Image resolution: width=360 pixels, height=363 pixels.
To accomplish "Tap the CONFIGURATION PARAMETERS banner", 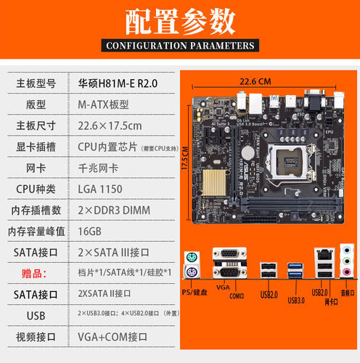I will (x=180, y=46).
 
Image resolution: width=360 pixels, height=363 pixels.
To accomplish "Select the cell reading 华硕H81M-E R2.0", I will (x=117, y=83).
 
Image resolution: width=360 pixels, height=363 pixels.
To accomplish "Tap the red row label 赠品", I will (x=36, y=274).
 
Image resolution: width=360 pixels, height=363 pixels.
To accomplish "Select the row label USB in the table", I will (x=36, y=316).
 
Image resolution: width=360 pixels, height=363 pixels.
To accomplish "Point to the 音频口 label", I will (x=348, y=293).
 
